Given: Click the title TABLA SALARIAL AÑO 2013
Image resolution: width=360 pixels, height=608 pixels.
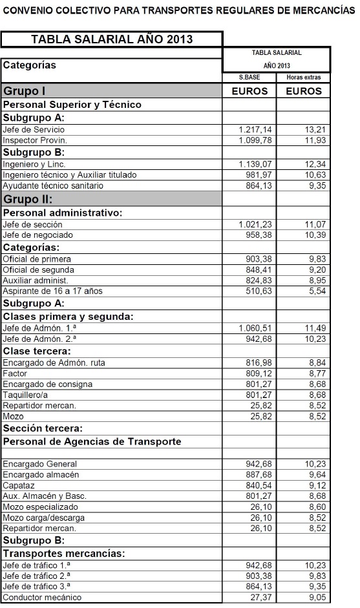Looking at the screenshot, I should (x=112, y=39).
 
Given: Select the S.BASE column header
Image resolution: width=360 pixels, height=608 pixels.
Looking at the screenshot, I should (x=249, y=78).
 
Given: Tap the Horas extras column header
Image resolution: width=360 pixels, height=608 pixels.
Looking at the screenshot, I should (x=303, y=78).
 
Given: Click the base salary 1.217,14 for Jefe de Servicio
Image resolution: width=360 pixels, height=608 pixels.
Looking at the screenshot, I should (x=255, y=129).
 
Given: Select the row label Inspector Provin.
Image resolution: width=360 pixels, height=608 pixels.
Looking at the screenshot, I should (x=35, y=140).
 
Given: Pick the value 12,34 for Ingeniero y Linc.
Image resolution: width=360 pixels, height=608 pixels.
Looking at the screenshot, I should (x=308, y=164).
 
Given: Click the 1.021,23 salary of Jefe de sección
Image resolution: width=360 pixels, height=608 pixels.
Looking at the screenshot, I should (x=255, y=224).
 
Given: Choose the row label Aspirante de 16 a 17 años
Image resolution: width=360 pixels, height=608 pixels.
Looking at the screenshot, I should (x=52, y=291).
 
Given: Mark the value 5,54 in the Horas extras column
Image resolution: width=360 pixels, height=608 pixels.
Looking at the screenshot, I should (x=310, y=291).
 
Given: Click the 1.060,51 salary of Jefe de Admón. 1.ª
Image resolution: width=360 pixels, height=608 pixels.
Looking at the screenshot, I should (x=255, y=328).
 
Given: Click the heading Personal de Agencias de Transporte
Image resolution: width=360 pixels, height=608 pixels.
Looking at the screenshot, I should (x=92, y=441).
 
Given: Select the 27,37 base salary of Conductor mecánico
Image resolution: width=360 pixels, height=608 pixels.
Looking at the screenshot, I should (x=261, y=597).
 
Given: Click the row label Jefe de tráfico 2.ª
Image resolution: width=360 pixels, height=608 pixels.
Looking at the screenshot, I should (x=36, y=575).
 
